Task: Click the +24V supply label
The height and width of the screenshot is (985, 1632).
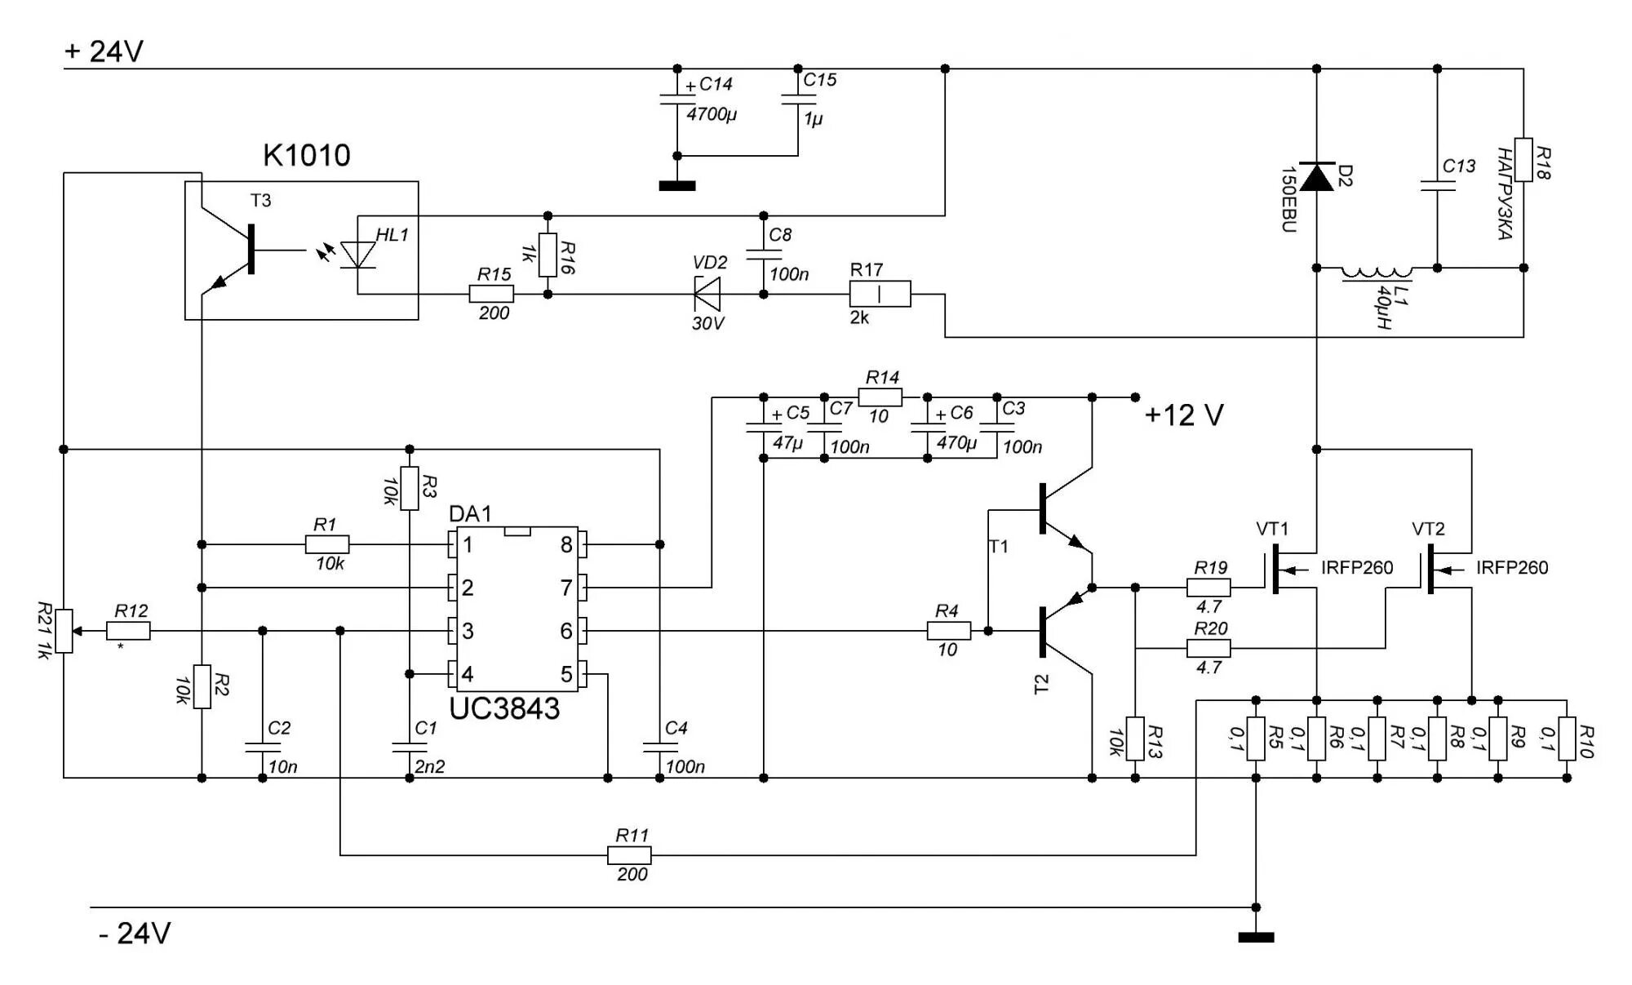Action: [104, 51]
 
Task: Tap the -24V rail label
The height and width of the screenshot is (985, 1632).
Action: [135, 933]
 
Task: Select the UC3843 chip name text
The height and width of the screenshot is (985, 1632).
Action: [504, 708]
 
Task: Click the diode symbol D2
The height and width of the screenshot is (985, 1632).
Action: [1316, 176]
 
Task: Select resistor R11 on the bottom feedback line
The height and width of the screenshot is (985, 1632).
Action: [629, 855]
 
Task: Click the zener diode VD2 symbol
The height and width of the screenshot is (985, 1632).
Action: [707, 294]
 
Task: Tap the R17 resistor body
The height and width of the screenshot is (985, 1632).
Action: [880, 294]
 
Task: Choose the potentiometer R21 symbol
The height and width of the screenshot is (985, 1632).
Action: [64, 631]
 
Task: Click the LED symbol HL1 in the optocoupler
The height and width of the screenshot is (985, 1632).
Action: [357, 255]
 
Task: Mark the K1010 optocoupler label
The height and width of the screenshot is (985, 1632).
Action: [307, 155]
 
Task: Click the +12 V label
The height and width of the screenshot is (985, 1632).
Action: [1184, 415]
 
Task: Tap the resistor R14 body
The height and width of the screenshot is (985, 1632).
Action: [882, 397]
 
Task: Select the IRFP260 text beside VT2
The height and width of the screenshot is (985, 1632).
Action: [1511, 568]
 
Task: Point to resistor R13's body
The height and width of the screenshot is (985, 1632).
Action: [1135, 739]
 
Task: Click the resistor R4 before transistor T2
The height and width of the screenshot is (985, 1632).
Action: [949, 631]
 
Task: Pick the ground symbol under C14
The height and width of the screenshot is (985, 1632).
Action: [677, 186]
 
